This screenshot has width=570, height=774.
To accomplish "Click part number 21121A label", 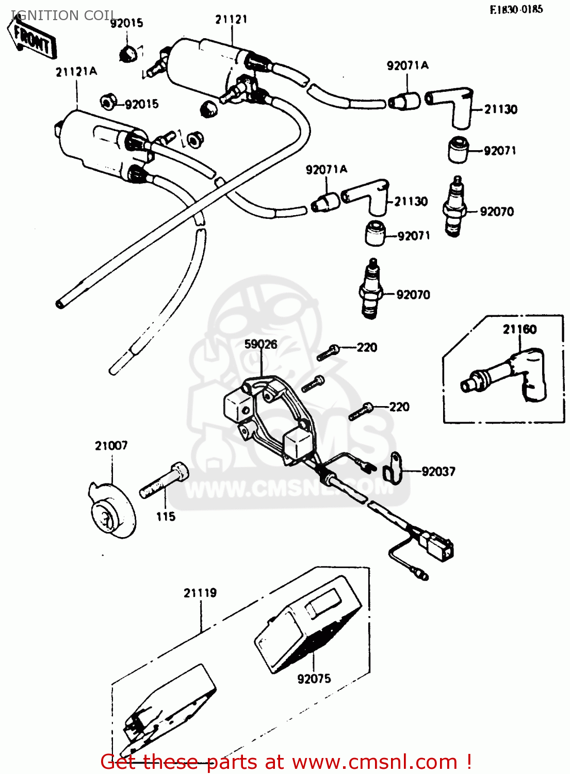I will point(76,72).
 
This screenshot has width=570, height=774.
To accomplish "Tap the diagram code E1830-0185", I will point(516,9).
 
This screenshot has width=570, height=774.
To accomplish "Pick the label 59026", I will point(260,344).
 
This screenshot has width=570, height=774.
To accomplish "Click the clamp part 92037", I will point(393,469).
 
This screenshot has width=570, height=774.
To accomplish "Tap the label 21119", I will point(200,593).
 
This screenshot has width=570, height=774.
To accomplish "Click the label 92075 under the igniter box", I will point(314,679).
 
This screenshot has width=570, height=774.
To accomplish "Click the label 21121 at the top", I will point(231,19).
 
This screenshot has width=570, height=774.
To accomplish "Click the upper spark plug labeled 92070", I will point(454,206).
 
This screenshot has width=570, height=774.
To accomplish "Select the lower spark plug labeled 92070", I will point(371,289).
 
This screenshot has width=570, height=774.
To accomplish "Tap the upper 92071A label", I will point(408,65).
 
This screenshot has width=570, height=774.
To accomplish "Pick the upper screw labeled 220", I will point(328,352).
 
